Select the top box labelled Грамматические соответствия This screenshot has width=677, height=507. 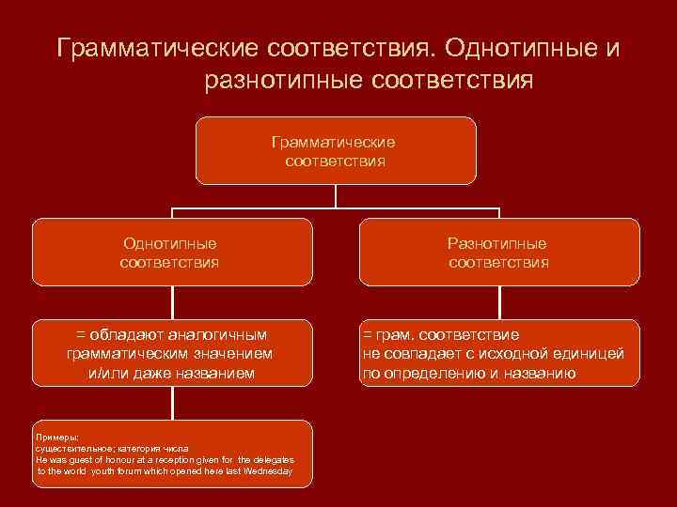(336, 150)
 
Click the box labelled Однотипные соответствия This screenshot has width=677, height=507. (172, 252)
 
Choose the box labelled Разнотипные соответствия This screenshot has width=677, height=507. (498, 252)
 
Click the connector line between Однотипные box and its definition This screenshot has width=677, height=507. (172, 302)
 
